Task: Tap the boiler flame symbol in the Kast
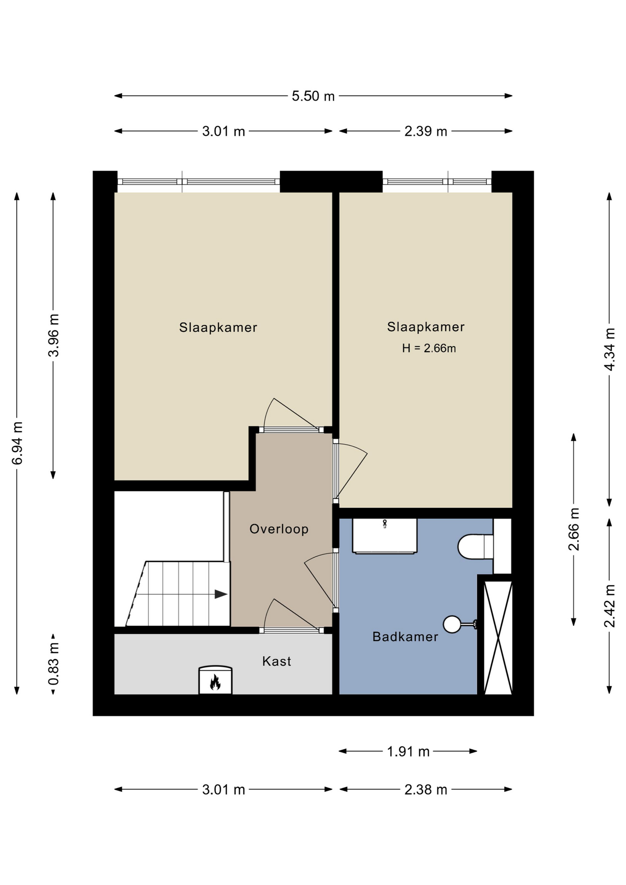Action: pos(215,682)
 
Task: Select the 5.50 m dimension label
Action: pos(313,96)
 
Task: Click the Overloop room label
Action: pos(279,529)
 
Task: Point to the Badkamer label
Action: pos(405,637)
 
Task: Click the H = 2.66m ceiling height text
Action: pos(429,348)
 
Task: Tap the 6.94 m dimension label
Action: pos(17,443)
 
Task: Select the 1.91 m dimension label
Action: pos(408,752)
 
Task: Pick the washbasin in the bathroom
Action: pos(384,535)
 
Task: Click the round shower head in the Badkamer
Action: pos(452,625)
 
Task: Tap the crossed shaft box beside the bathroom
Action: pos(498,637)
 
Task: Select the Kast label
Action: pos(277,661)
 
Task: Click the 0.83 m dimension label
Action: pos(53,664)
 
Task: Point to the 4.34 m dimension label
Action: pos(609,349)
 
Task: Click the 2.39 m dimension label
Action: pos(425,131)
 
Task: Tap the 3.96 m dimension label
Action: pos(53,335)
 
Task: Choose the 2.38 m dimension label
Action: pos(425,790)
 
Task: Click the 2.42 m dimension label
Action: pos(609,606)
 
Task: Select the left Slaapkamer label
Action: pos(218,327)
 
